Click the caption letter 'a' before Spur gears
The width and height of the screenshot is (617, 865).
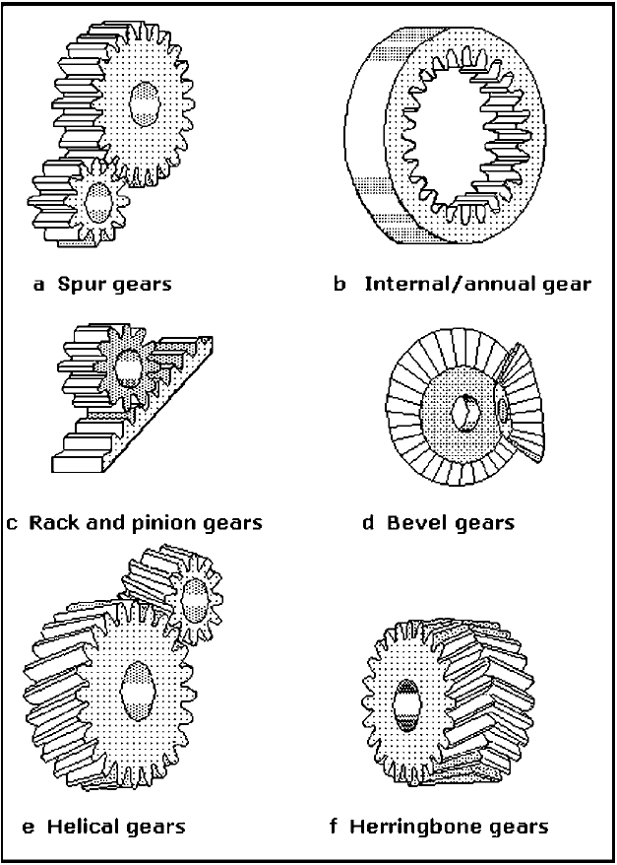coord(39,285)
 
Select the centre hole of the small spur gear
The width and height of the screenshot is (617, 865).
coord(98,204)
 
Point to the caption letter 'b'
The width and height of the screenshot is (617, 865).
coord(339,285)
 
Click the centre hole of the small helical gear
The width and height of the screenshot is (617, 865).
coord(193,597)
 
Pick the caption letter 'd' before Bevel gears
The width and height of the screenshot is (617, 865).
coord(368,522)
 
